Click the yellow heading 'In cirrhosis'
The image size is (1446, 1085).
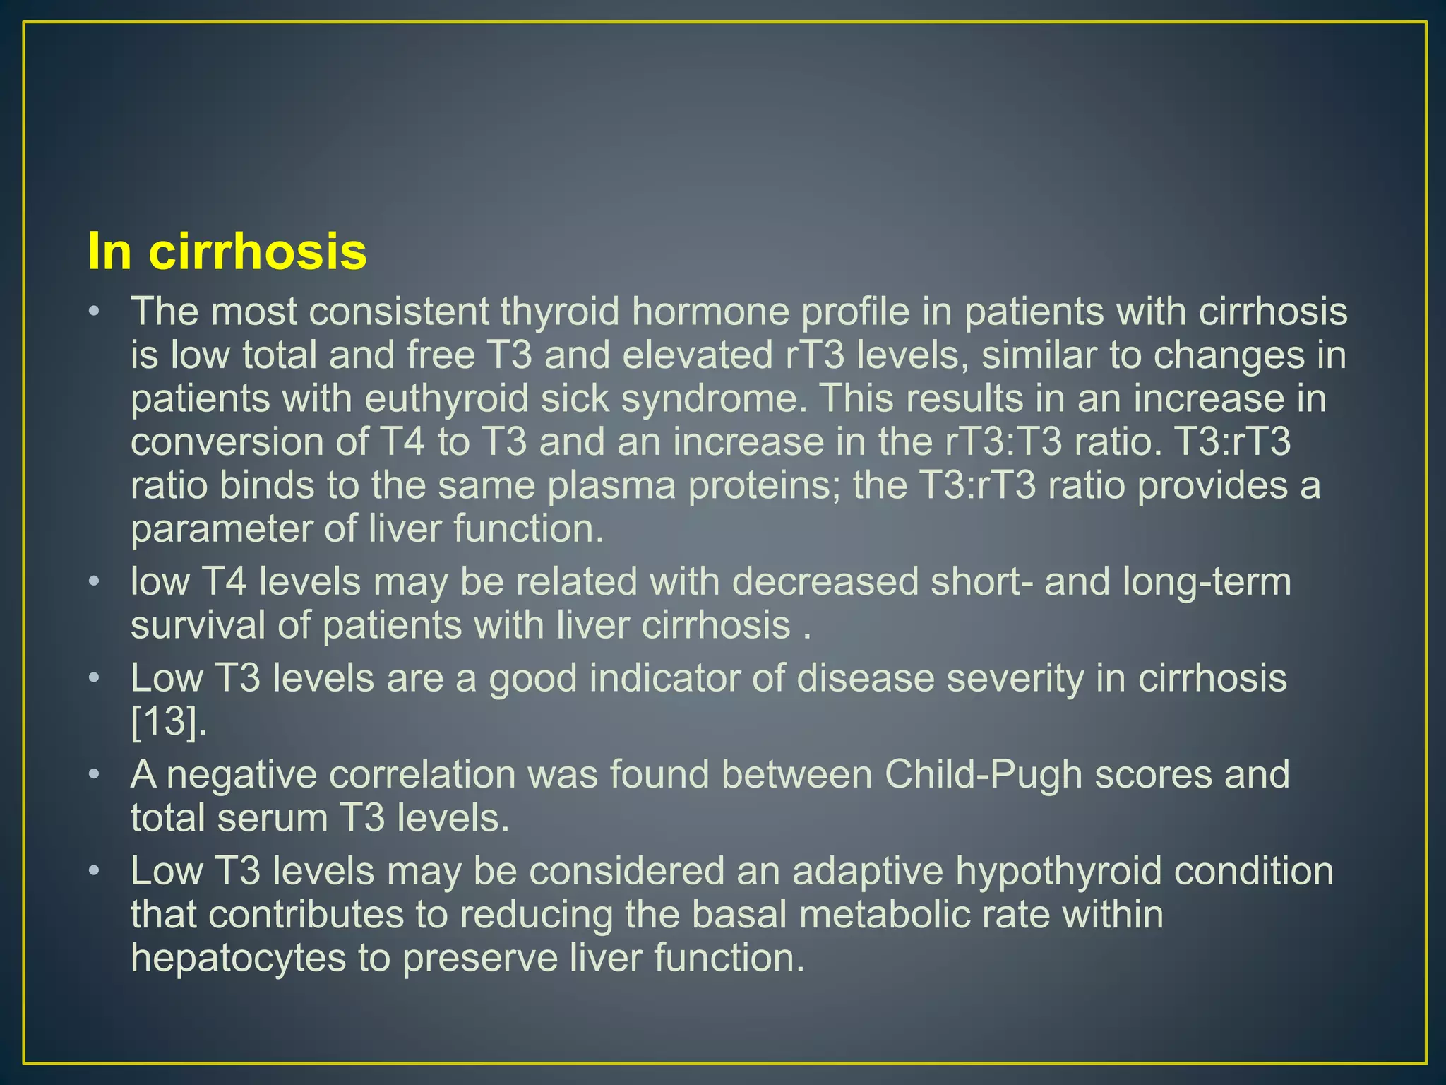click(x=227, y=251)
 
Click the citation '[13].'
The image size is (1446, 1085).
click(x=169, y=722)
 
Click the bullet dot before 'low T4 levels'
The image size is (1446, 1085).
click(x=94, y=583)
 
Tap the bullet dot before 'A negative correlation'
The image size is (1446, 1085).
click(x=94, y=775)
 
